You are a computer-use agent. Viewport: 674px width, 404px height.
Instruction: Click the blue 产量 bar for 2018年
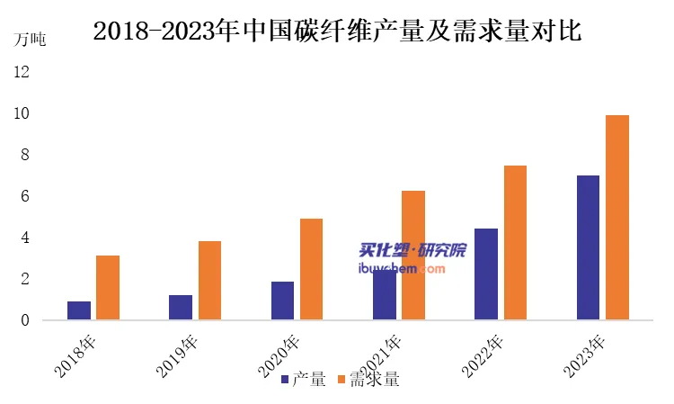click(79, 310)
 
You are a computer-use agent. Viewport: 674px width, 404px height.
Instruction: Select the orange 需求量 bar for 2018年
click(108, 288)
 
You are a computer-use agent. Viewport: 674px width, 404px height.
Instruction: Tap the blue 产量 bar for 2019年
click(181, 308)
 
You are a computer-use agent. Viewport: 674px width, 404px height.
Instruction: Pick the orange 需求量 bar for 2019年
click(209, 280)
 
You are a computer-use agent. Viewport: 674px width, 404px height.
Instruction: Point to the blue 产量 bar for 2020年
click(282, 301)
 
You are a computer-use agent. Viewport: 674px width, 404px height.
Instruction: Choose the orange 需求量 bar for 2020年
click(311, 269)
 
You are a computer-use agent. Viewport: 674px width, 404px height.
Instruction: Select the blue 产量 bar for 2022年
click(486, 274)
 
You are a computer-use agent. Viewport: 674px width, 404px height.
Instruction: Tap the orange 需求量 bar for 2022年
click(515, 242)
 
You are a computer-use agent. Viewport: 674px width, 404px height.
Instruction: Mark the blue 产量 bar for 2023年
click(588, 247)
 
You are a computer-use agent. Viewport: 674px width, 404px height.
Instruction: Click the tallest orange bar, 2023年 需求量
click(617, 217)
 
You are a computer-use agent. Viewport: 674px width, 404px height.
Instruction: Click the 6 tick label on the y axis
click(26, 196)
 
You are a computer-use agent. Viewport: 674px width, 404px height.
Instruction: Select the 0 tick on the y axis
click(26, 320)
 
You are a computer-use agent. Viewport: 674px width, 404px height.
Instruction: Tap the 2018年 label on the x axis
click(75, 356)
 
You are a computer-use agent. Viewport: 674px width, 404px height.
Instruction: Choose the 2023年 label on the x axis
click(584, 356)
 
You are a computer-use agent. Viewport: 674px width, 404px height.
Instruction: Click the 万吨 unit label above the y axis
click(29, 39)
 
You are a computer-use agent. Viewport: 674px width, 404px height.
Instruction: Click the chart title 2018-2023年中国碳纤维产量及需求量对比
click(337, 31)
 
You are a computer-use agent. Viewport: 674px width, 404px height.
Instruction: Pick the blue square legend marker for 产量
click(285, 380)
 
